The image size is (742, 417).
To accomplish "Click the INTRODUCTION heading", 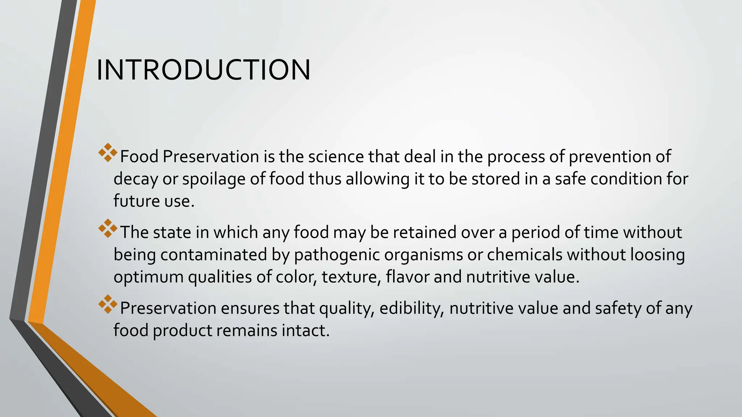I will pos(203,70).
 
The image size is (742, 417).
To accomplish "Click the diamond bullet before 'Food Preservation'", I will pos(108,153).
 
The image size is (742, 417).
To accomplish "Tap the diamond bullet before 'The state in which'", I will pos(108,228).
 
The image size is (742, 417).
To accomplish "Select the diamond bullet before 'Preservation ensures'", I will pos(108,304).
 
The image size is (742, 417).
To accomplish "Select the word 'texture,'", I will pos(351,277).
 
